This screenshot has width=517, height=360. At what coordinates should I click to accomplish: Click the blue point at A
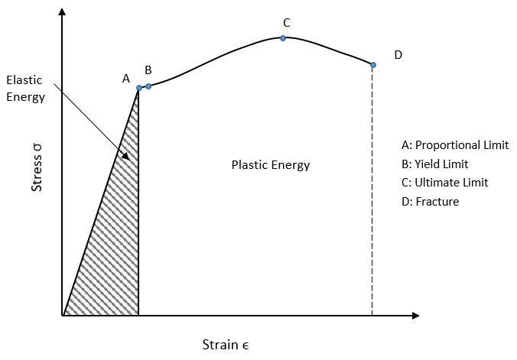tap(139, 88)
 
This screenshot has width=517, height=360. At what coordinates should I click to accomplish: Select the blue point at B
tap(148, 86)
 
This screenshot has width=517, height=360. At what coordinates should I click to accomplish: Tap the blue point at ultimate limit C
tap(283, 37)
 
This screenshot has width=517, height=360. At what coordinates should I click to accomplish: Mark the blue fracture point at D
tap(373, 65)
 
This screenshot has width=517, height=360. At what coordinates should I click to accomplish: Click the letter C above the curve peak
tap(286, 23)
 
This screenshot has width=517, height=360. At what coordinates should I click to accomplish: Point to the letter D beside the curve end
tap(398, 55)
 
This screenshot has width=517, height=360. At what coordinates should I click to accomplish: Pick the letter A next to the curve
tap(126, 78)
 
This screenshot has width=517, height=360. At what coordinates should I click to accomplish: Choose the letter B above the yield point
tap(148, 70)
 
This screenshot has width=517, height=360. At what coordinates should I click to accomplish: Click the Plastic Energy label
tap(271, 164)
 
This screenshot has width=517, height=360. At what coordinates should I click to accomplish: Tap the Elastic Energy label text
tap(25, 88)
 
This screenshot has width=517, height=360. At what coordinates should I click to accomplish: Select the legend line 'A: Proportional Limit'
tap(455, 145)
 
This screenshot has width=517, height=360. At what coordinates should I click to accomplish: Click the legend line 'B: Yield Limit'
tap(434, 164)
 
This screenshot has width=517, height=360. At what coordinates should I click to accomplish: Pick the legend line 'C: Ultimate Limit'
tap(444, 183)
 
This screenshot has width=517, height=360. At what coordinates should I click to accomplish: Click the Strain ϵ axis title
tap(226, 344)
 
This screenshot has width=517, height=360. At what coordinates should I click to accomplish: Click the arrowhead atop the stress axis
tap(62, 12)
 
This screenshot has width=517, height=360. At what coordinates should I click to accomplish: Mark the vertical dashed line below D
tap(372, 191)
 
